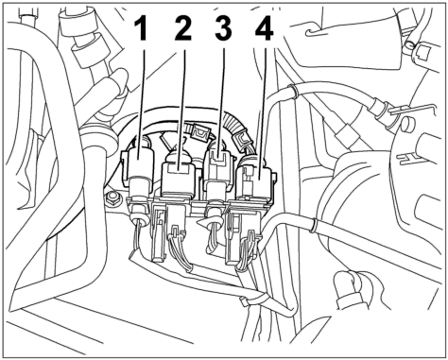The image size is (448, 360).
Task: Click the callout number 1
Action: point(141,28)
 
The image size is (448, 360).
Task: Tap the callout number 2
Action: point(182,28)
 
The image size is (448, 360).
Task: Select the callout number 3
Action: point(223,28)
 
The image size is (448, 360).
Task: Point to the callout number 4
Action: point(265,28)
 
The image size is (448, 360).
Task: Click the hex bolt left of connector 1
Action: point(112,198)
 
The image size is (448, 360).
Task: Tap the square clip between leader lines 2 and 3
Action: point(199,133)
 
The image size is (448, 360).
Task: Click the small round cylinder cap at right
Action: point(406,124)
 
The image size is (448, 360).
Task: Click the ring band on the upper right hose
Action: point(294,91)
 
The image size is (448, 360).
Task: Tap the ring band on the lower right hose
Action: point(313,224)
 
